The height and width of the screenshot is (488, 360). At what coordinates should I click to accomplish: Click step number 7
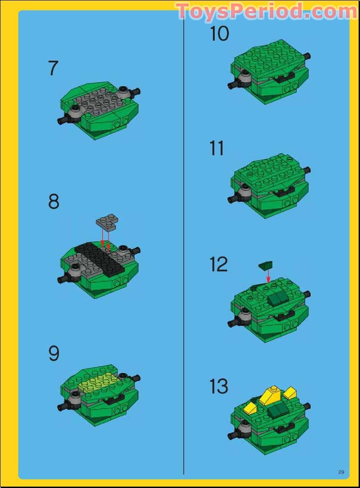[53, 68]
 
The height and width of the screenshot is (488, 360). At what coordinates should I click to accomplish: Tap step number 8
[54, 201]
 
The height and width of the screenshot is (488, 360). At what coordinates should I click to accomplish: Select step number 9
[54, 354]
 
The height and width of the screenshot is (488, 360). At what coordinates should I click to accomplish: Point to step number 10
[219, 34]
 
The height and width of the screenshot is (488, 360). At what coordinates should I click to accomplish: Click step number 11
[217, 149]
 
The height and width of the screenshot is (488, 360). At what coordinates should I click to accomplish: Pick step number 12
[218, 265]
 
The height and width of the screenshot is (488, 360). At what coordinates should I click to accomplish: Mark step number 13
[219, 387]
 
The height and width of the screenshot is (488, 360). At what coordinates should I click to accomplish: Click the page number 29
[341, 472]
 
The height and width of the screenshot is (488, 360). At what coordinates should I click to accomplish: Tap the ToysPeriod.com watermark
[266, 10]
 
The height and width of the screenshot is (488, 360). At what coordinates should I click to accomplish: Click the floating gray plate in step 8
[107, 221]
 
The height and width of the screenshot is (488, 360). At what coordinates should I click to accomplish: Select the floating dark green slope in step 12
[265, 265]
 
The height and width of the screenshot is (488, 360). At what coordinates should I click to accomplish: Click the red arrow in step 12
[269, 276]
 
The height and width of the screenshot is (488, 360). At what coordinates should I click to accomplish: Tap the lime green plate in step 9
[98, 383]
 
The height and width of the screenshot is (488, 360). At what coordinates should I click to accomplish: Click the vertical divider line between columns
[184, 247]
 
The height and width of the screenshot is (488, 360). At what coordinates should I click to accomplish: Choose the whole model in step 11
[269, 185]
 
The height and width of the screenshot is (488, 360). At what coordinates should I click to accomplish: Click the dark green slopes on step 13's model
[276, 411]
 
